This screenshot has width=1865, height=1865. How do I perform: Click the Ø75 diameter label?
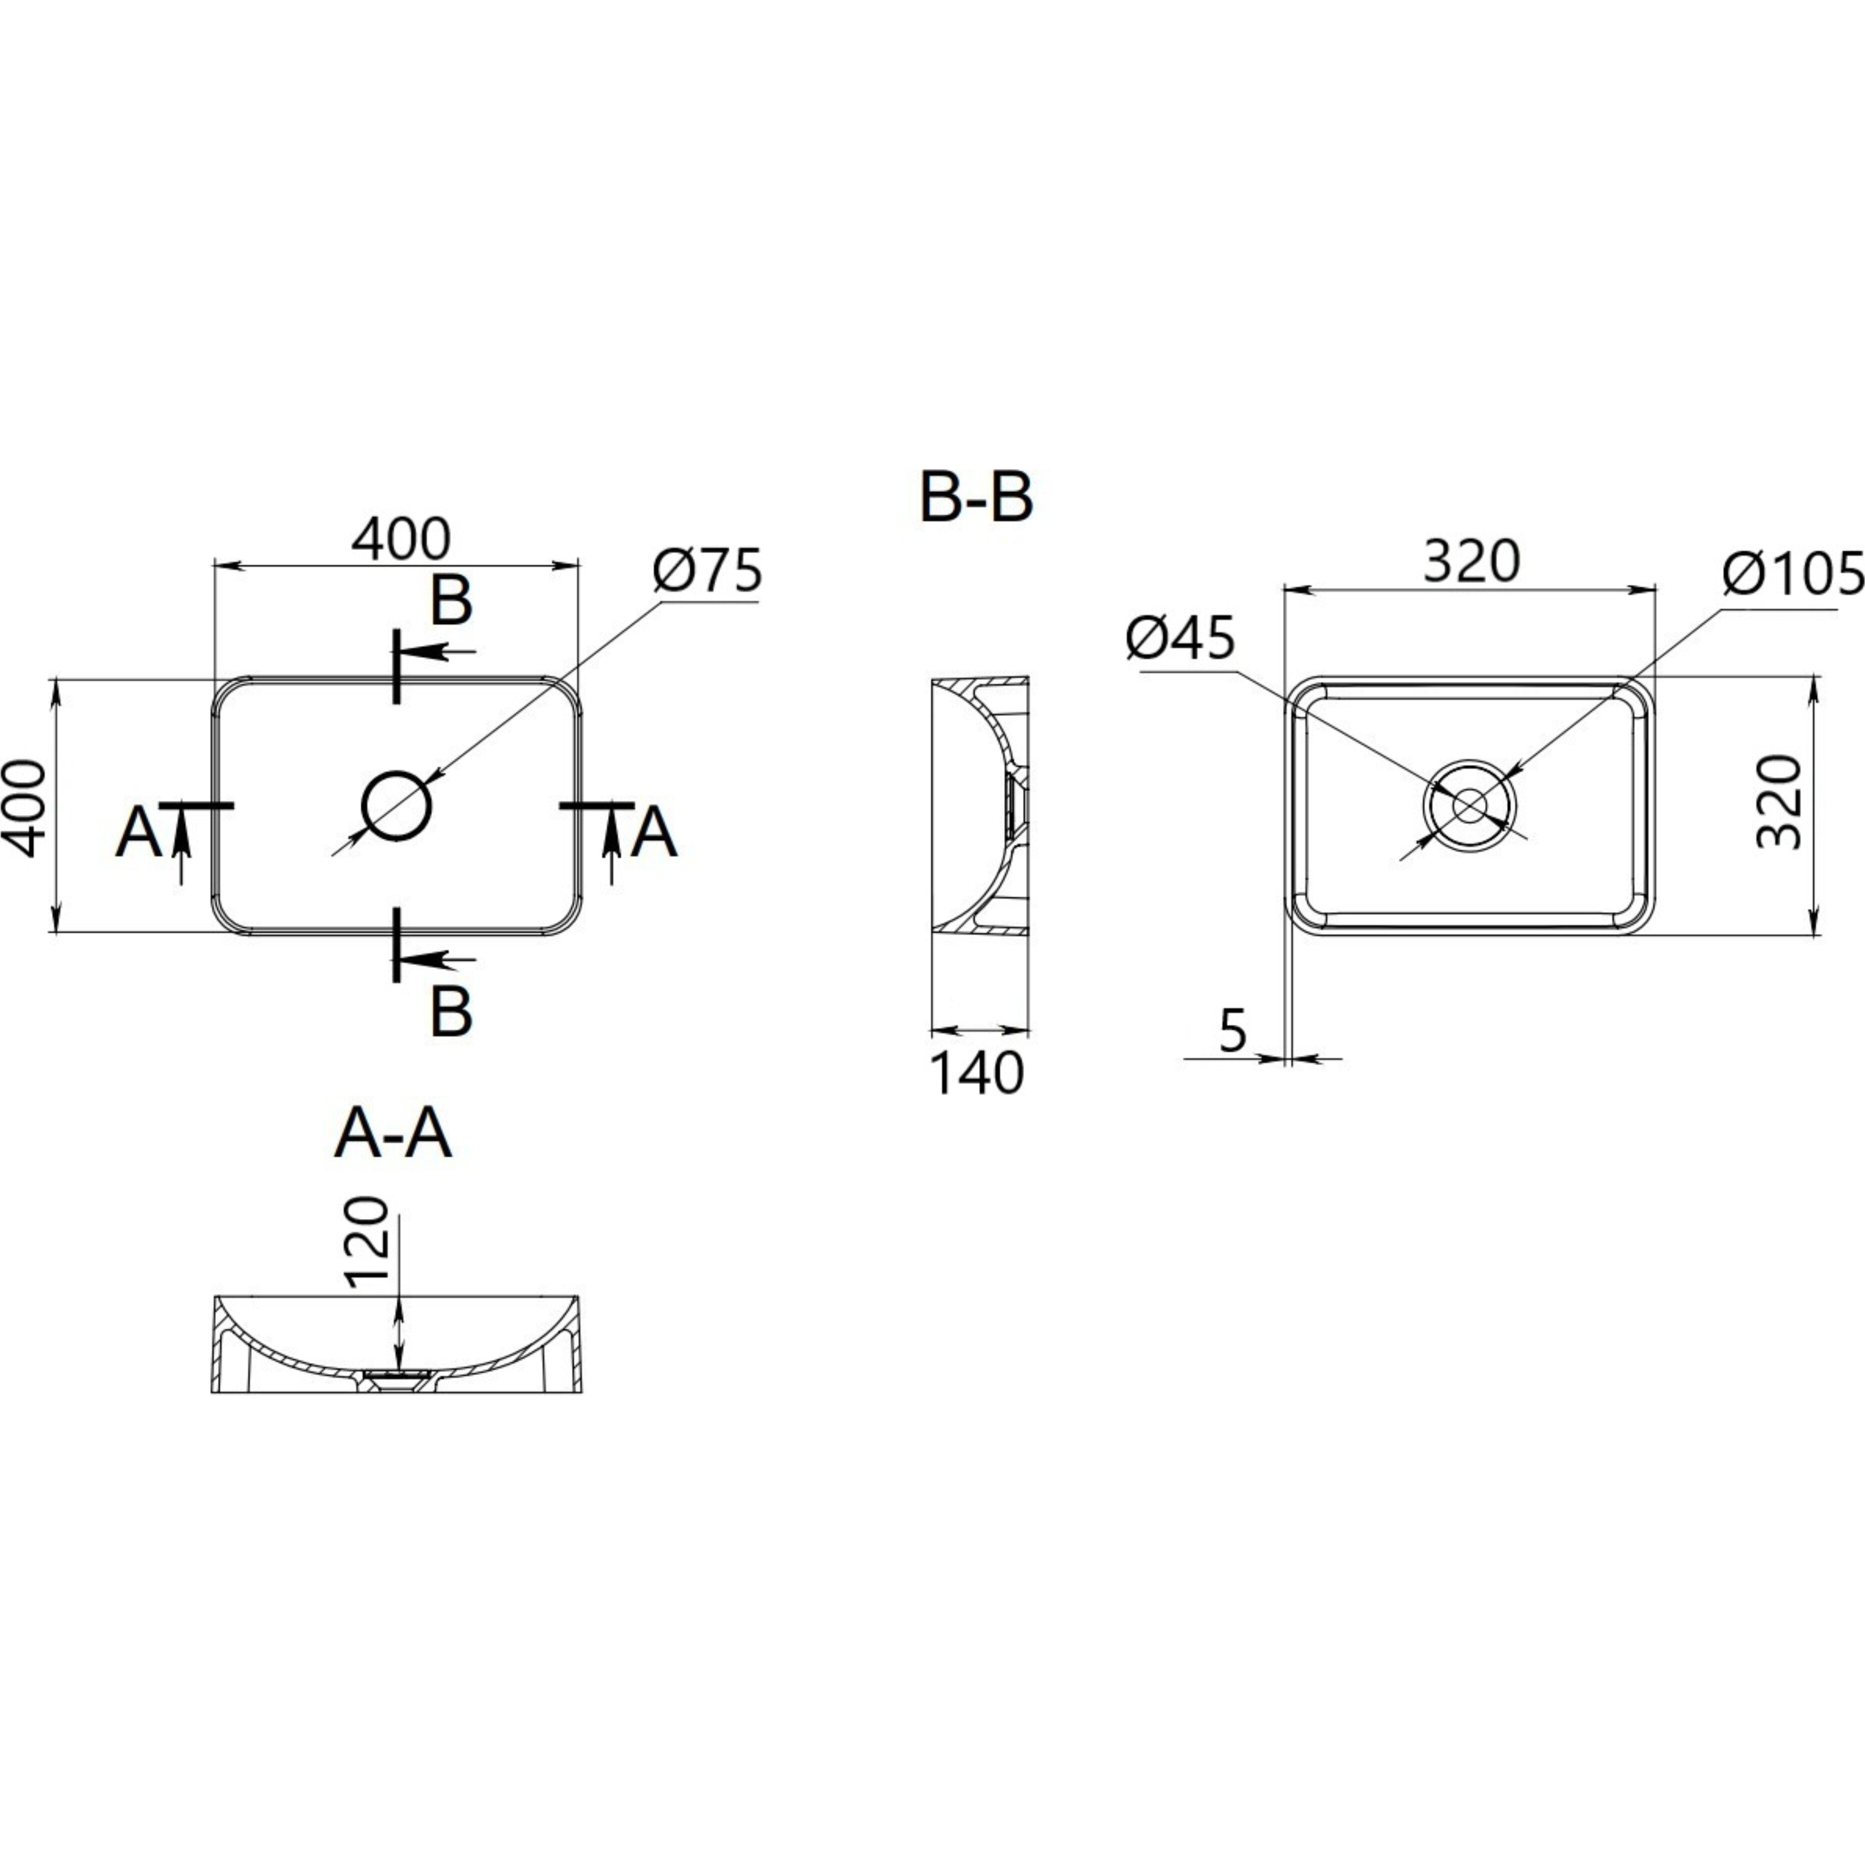click(707, 571)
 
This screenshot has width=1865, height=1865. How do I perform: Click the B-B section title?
click(976, 498)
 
